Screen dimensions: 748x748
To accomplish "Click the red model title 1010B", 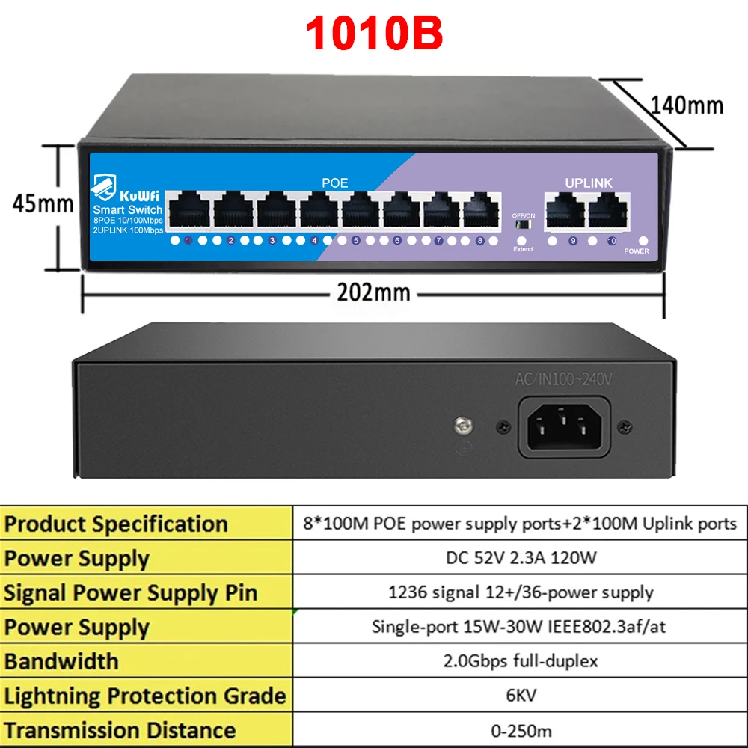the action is pos(374,33).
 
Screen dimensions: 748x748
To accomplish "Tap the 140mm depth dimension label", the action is pos(687,105).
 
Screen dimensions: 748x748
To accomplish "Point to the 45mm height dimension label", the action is pos(43,203).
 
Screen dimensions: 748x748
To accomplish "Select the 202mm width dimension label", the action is pos(373,292).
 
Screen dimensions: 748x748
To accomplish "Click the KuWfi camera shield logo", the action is pos(103,186).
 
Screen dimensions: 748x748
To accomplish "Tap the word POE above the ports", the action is pos(335,183).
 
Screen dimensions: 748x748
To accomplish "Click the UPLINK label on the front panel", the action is pos(588,183).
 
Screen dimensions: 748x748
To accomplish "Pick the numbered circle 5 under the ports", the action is pos(356,240).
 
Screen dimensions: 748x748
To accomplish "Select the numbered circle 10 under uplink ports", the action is pos(612,241).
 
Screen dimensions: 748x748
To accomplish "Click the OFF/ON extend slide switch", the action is pos(524,224).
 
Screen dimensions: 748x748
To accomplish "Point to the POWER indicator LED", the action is pos(643,241).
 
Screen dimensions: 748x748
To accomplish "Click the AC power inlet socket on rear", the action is pos(564,427).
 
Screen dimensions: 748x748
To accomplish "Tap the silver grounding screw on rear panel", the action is pos(463,425).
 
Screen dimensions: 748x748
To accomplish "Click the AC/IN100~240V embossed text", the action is pos(563,379).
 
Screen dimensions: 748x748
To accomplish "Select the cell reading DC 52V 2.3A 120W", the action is pos(521,557).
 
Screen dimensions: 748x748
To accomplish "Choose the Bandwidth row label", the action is pos(61,661).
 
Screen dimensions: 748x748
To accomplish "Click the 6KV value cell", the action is pos(521,695).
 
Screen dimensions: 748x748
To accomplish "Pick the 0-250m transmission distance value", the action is pos(521,730).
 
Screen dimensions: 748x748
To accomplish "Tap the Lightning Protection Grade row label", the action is pos(145,696).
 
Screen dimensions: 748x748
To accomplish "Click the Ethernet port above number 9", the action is pos(565,210).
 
